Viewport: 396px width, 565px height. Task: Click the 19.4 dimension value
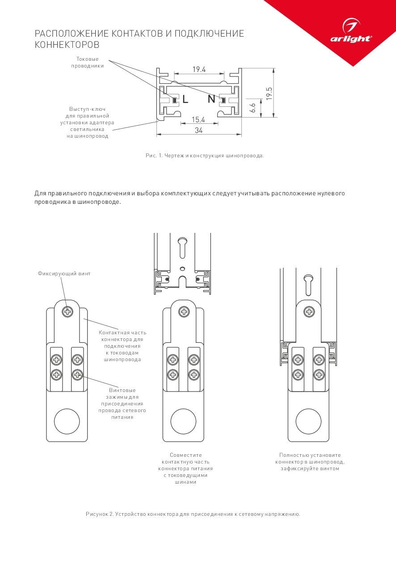point(199,69)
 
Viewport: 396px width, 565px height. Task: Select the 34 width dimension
point(199,130)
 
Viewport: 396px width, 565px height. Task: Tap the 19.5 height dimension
point(269,93)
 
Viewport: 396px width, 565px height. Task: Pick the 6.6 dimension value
point(253,108)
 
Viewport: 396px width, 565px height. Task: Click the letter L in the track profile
point(185,100)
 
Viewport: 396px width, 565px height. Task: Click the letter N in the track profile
point(211,99)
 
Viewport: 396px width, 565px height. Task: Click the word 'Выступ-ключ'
point(87,109)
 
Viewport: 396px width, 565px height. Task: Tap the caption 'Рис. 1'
point(154,156)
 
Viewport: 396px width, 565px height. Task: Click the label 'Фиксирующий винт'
point(64,273)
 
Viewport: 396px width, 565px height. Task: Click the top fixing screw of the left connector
point(67,312)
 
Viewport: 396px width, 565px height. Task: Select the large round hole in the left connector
point(67,421)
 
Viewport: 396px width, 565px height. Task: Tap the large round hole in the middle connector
point(183,421)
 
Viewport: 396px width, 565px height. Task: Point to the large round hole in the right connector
point(308,421)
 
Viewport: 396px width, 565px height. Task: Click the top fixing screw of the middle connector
point(183,312)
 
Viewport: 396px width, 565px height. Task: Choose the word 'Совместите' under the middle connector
point(186,455)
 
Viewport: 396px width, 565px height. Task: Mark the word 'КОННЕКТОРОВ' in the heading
point(67,45)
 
